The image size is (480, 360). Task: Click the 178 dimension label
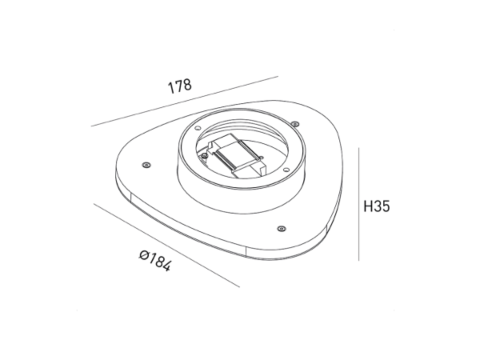click(180, 86)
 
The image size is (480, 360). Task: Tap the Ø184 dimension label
click(154, 262)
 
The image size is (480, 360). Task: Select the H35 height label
click(375, 206)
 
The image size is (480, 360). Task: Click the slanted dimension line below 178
click(184, 102)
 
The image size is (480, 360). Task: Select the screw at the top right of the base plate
click(295, 124)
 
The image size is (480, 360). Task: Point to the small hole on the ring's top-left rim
click(196, 130)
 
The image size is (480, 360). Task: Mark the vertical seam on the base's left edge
click(128, 196)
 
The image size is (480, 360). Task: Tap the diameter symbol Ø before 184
click(142, 255)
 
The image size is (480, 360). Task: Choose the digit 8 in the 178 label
click(187, 86)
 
